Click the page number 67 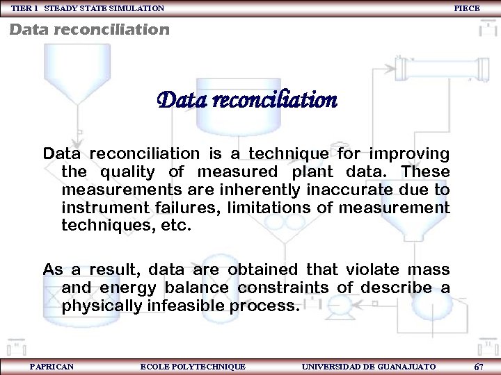(478, 366)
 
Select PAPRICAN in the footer (52, 366)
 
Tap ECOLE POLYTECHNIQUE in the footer (193, 366)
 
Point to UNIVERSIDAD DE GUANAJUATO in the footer (369, 366)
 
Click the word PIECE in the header (466, 8)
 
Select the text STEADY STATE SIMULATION (104, 8)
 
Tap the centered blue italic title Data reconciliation (247, 101)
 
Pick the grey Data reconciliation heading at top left (89, 30)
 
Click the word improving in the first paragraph (411, 153)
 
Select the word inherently (260, 189)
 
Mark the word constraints (287, 287)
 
